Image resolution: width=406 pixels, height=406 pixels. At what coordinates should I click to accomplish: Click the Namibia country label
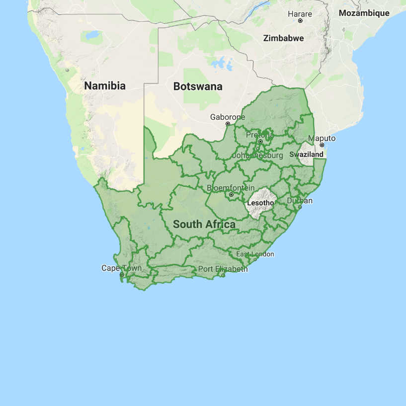tap(105, 86)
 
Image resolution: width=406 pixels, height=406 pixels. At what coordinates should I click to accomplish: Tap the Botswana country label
tap(198, 86)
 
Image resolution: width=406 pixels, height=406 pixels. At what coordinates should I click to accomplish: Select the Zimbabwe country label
tap(283, 38)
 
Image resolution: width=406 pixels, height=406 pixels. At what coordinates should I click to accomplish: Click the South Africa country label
tap(204, 225)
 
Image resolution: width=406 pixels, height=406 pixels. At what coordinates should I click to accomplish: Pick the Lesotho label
tap(261, 203)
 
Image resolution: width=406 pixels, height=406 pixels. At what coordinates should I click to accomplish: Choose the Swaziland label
tap(306, 155)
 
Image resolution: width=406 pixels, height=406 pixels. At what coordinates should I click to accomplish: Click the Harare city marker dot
tap(300, 21)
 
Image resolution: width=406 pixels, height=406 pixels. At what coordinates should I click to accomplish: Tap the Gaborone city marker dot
tap(228, 124)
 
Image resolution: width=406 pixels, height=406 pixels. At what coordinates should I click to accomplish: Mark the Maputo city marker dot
tap(322, 145)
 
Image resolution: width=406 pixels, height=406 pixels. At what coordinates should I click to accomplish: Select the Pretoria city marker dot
tap(260, 141)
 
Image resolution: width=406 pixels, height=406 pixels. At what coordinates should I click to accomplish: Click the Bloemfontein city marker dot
tap(231, 194)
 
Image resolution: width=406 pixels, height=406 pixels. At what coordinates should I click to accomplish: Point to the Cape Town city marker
tap(122, 274)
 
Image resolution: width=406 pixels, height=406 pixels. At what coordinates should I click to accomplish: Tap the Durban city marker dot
tap(300, 207)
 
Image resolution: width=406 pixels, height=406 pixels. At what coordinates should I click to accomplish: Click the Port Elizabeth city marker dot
tap(224, 275)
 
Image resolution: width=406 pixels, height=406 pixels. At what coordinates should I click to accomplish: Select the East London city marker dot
tap(255, 260)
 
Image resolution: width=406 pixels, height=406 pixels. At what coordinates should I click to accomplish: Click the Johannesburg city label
tap(257, 156)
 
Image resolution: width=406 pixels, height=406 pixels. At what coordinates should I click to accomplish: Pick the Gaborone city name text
tap(228, 117)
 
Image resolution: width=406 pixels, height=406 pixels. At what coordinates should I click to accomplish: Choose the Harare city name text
tap(300, 14)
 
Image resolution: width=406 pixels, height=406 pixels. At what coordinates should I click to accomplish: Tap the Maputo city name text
tap(322, 138)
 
